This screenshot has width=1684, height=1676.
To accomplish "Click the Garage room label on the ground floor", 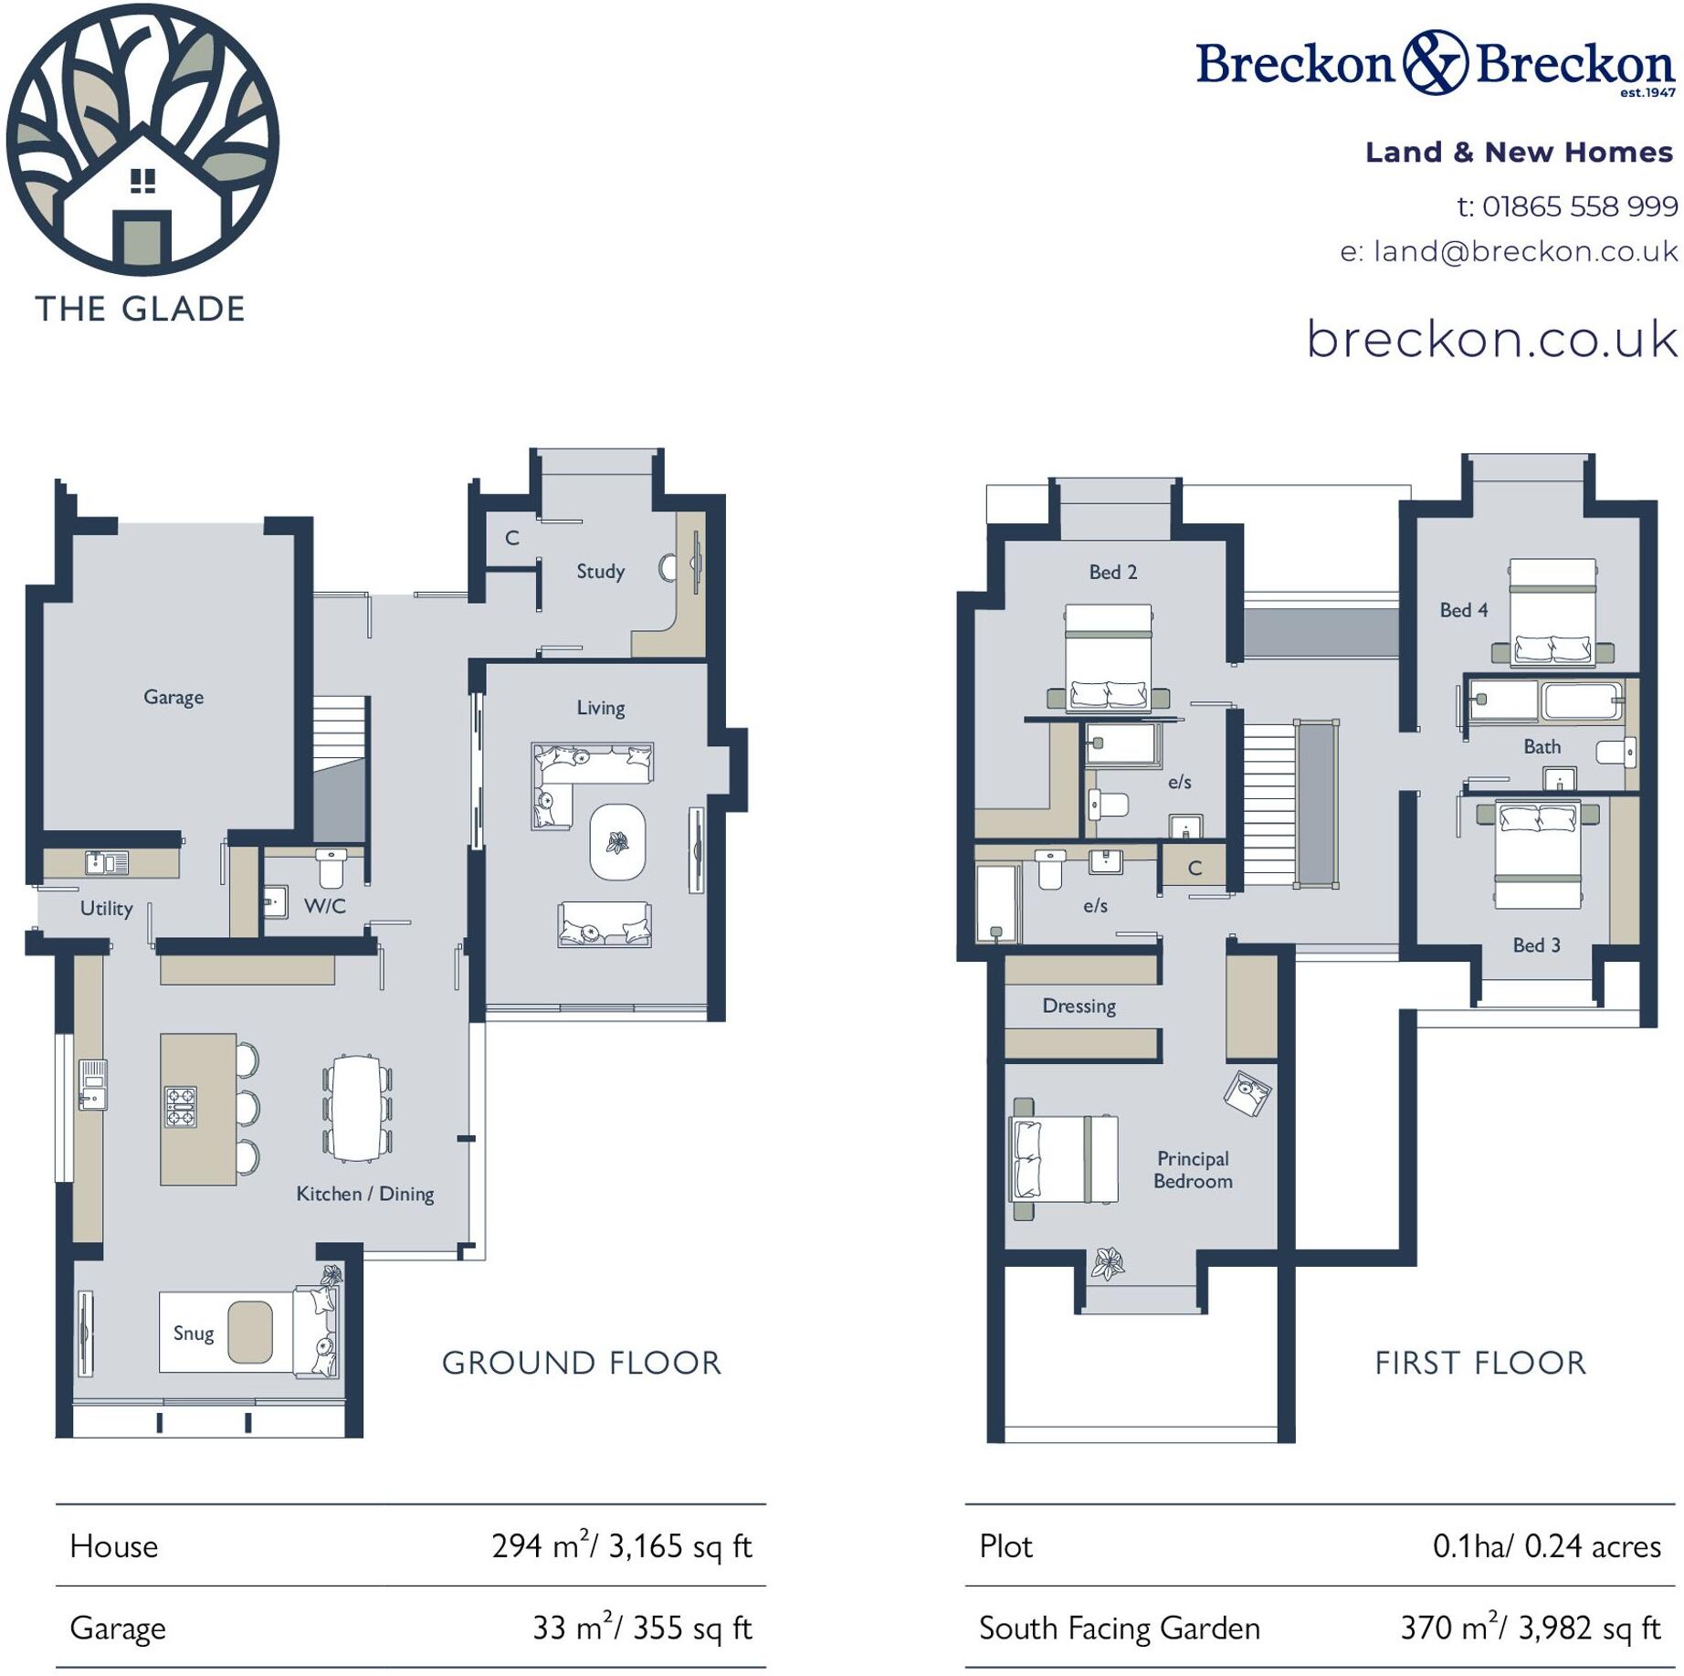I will click(x=174, y=697).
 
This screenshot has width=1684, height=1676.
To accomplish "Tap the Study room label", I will click(x=600, y=571).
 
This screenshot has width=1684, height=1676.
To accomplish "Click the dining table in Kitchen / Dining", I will click(x=356, y=1108).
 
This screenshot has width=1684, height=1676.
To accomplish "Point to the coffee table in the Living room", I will click(x=617, y=841).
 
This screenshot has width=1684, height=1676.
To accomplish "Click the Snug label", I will click(x=194, y=1333).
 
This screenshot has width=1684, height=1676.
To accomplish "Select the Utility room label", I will click(x=106, y=908).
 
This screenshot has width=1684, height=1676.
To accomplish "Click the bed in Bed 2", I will click(x=1108, y=656).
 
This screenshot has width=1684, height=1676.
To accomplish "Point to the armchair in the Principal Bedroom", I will click(x=1247, y=1092).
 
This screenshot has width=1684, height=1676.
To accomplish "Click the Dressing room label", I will click(x=1079, y=1006).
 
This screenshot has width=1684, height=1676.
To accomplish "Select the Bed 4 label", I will click(x=1463, y=609).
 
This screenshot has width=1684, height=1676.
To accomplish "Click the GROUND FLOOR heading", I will click(x=582, y=1363).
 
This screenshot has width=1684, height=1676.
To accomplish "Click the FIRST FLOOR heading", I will click(x=1480, y=1363).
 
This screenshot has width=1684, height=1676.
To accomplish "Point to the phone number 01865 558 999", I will click(x=1579, y=206).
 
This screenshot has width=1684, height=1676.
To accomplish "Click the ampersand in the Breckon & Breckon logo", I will click(x=1435, y=62).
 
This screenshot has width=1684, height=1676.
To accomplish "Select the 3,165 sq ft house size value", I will click(x=679, y=1546).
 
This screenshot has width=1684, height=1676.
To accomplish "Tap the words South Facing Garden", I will click(x=1119, y=1628).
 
